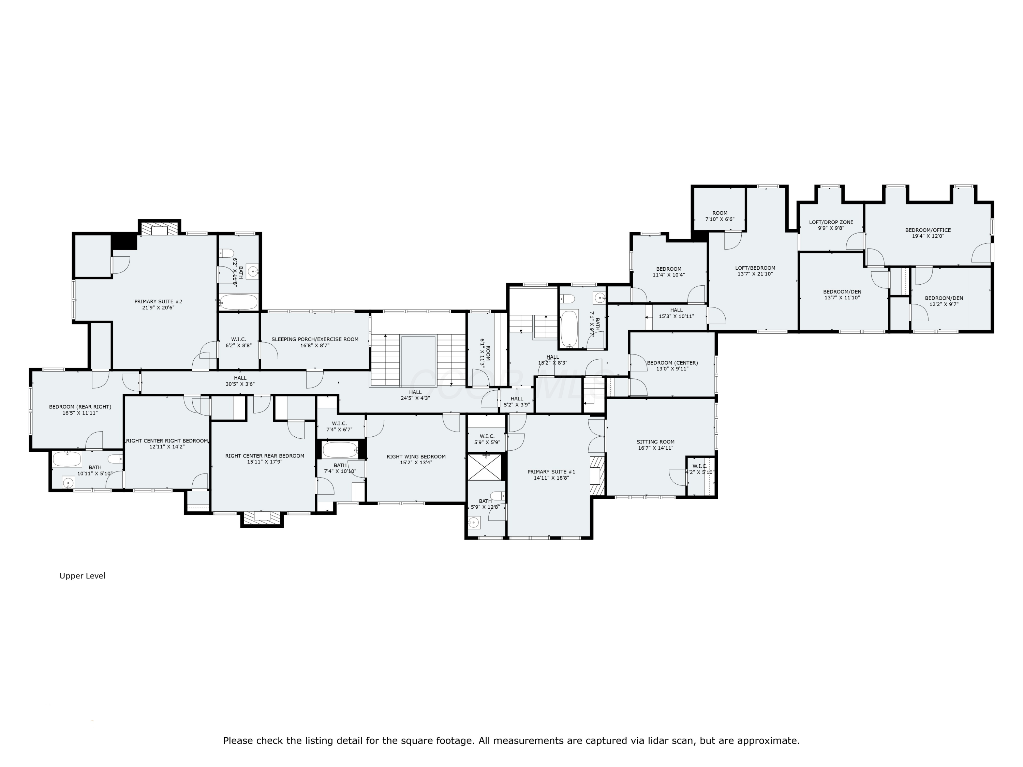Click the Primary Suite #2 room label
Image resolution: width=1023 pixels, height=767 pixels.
(x=158, y=304)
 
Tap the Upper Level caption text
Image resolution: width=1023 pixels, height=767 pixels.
(x=82, y=576)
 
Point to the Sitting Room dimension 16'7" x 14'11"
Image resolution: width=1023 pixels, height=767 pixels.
(x=655, y=448)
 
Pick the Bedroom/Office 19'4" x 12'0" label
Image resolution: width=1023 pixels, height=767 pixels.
(x=928, y=232)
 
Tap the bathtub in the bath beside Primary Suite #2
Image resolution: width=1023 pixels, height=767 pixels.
(x=238, y=302)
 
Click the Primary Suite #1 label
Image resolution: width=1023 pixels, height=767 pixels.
(x=551, y=475)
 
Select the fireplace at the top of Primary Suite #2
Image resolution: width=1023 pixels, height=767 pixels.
(x=159, y=230)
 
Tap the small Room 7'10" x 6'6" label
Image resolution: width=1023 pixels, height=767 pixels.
(x=720, y=216)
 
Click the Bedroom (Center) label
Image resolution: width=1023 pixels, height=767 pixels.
(x=672, y=365)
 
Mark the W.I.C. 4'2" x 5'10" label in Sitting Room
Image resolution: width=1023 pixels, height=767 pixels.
(x=700, y=469)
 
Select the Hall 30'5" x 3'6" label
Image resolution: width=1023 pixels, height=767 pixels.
(x=240, y=380)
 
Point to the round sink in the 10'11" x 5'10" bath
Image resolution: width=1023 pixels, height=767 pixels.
(x=68, y=483)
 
